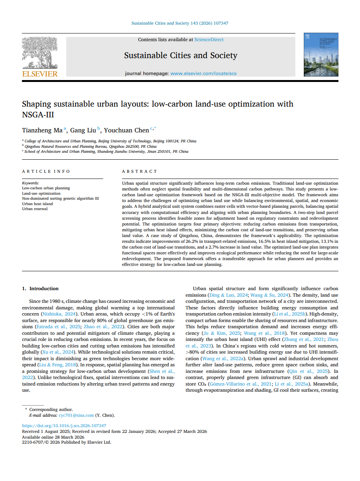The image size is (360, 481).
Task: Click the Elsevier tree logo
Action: click(40, 54)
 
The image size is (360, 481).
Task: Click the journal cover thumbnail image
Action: click(321, 55)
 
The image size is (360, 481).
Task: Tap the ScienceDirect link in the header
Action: click(209, 40)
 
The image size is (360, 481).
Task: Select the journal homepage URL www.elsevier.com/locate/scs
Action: click(203, 73)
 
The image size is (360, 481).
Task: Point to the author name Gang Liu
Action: click(83, 130)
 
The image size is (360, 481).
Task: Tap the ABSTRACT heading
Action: click(140, 171)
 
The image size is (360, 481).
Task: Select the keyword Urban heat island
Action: click(37, 204)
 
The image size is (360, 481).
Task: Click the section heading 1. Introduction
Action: click(40, 289)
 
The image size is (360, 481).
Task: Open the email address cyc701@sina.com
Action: click(76, 415)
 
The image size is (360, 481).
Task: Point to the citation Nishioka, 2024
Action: click(56, 314)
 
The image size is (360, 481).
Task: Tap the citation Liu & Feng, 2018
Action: click(60, 364)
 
